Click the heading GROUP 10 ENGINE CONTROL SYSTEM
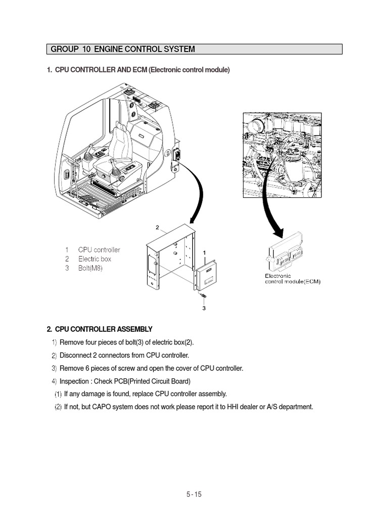click(x=123, y=49)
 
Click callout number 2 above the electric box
click(x=157, y=228)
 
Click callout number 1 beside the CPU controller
click(x=204, y=252)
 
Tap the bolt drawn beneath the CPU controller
click(x=203, y=295)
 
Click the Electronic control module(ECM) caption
click(x=293, y=279)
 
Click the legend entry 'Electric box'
click(x=94, y=259)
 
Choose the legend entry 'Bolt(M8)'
click(x=90, y=268)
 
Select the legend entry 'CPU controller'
click(x=99, y=250)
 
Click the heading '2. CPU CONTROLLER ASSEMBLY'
click(x=100, y=329)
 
